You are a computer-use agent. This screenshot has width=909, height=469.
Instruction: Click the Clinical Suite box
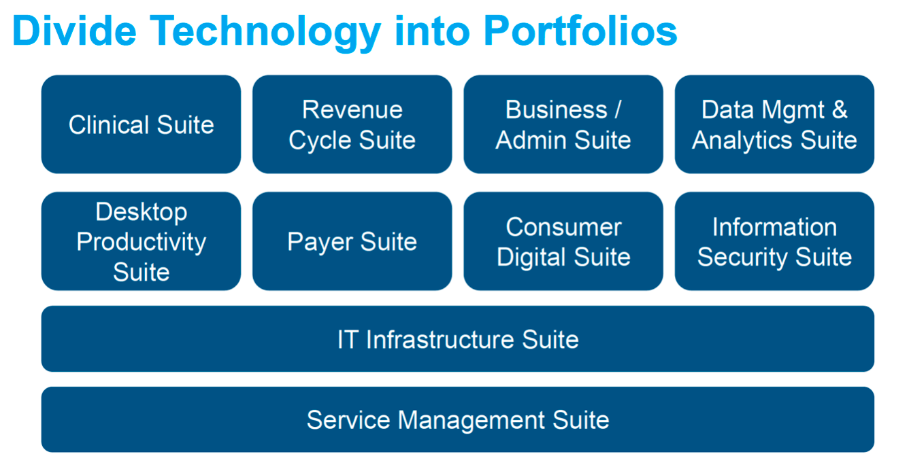pos(141,124)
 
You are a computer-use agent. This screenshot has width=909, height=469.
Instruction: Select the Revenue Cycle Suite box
pos(352,124)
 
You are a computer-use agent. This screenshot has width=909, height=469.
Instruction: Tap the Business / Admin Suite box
pos(563,124)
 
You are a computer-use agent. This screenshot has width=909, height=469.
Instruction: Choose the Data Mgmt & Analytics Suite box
pos(774,124)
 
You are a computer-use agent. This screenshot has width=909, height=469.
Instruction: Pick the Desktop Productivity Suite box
pos(141,241)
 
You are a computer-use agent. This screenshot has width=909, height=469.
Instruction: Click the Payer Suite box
pos(352,241)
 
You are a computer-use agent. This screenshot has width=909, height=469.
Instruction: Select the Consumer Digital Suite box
pos(563,241)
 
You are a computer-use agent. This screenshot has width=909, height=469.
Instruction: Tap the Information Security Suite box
pos(774,241)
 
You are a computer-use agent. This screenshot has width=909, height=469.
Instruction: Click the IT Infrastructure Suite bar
pos(457,339)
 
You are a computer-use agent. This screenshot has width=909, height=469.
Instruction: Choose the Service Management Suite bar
pos(457,419)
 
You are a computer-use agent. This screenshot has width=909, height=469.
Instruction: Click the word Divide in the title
pos(74,31)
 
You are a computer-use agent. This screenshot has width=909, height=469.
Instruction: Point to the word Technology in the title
pos(265,32)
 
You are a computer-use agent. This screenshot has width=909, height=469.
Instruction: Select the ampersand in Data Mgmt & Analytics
pos(840,110)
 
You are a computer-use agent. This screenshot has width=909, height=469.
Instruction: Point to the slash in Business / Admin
pos(616,110)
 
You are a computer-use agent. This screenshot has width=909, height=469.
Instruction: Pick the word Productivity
pos(141,242)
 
